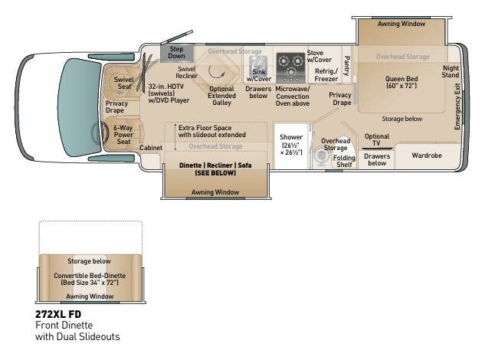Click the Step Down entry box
coord(176,52)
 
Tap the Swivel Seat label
coord(123,83)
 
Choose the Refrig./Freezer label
coord(326,75)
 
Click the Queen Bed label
coord(401,82)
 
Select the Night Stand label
coord(451,71)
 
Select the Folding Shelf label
coord(344,161)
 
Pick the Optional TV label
coord(376,139)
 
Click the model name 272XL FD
coord(58,314)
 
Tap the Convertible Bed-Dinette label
coord(90,279)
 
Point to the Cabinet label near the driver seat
coord(151,147)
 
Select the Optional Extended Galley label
coord(221,95)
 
